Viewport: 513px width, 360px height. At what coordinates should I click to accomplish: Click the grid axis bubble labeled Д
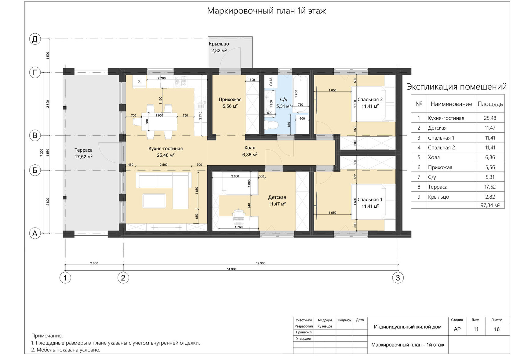click(35, 39)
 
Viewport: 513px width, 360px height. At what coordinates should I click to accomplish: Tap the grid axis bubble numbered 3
click(398, 278)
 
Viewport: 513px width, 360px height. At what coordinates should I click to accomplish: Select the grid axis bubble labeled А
click(35, 233)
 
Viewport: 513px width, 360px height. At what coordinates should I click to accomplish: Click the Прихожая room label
click(230, 99)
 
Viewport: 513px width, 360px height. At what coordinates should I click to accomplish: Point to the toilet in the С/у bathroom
click(271, 125)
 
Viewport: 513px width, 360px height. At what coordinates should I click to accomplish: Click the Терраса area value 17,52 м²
click(83, 157)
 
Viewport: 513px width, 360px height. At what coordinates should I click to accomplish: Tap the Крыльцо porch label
click(219, 44)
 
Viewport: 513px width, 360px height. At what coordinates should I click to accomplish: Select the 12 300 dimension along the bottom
click(261, 263)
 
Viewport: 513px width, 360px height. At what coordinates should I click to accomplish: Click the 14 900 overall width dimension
click(231, 269)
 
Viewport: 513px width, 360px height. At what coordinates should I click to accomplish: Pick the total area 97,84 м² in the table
click(490, 205)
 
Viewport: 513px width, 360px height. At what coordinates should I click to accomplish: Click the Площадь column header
click(490, 104)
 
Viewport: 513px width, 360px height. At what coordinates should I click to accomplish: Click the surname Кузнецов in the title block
click(325, 326)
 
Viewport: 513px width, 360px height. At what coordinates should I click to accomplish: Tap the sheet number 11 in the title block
click(476, 329)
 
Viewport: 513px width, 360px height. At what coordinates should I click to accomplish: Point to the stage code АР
click(457, 329)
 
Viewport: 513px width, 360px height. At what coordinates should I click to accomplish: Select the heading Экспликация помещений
click(457, 87)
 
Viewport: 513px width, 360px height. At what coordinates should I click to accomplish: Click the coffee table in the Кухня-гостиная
click(154, 201)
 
